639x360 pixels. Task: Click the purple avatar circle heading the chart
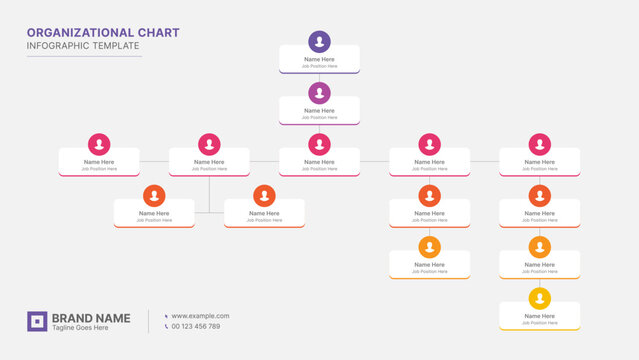point(319,42)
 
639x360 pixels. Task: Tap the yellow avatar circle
point(540,298)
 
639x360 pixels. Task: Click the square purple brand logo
point(37,321)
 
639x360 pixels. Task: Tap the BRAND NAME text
point(91,317)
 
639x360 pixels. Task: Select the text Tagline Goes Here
point(80,328)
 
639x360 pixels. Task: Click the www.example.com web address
point(200,316)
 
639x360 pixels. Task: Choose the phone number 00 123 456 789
point(196,326)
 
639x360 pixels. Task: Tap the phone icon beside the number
point(165,326)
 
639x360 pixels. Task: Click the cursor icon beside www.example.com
point(165,316)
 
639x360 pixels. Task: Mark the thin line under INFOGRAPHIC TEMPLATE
point(84,56)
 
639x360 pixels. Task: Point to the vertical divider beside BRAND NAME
point(149,321)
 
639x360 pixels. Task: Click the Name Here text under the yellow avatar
point(540,316)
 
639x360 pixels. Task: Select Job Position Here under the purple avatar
point(319,66)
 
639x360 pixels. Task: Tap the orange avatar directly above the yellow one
point(540,247)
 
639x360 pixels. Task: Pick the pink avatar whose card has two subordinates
point(209,144)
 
